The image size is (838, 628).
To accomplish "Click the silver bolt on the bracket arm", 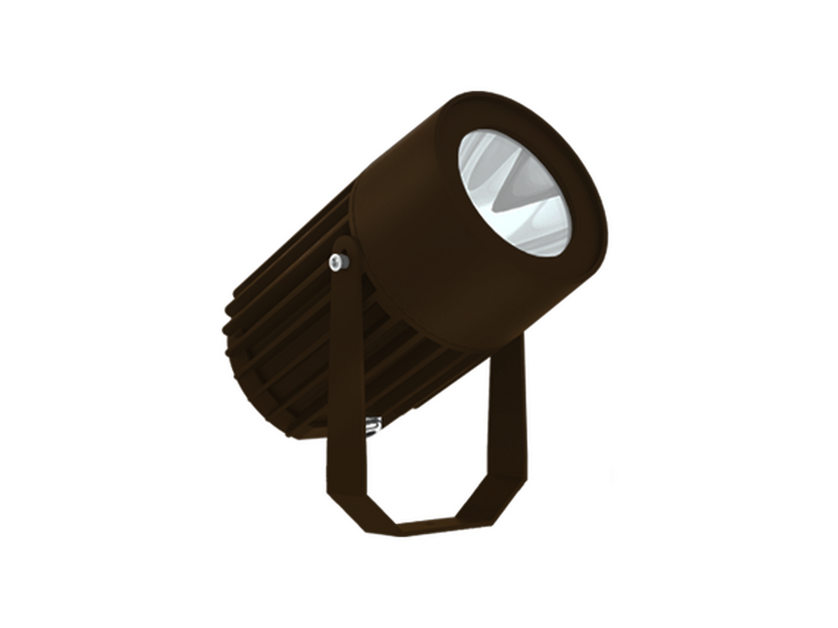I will (x=337, y=262).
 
